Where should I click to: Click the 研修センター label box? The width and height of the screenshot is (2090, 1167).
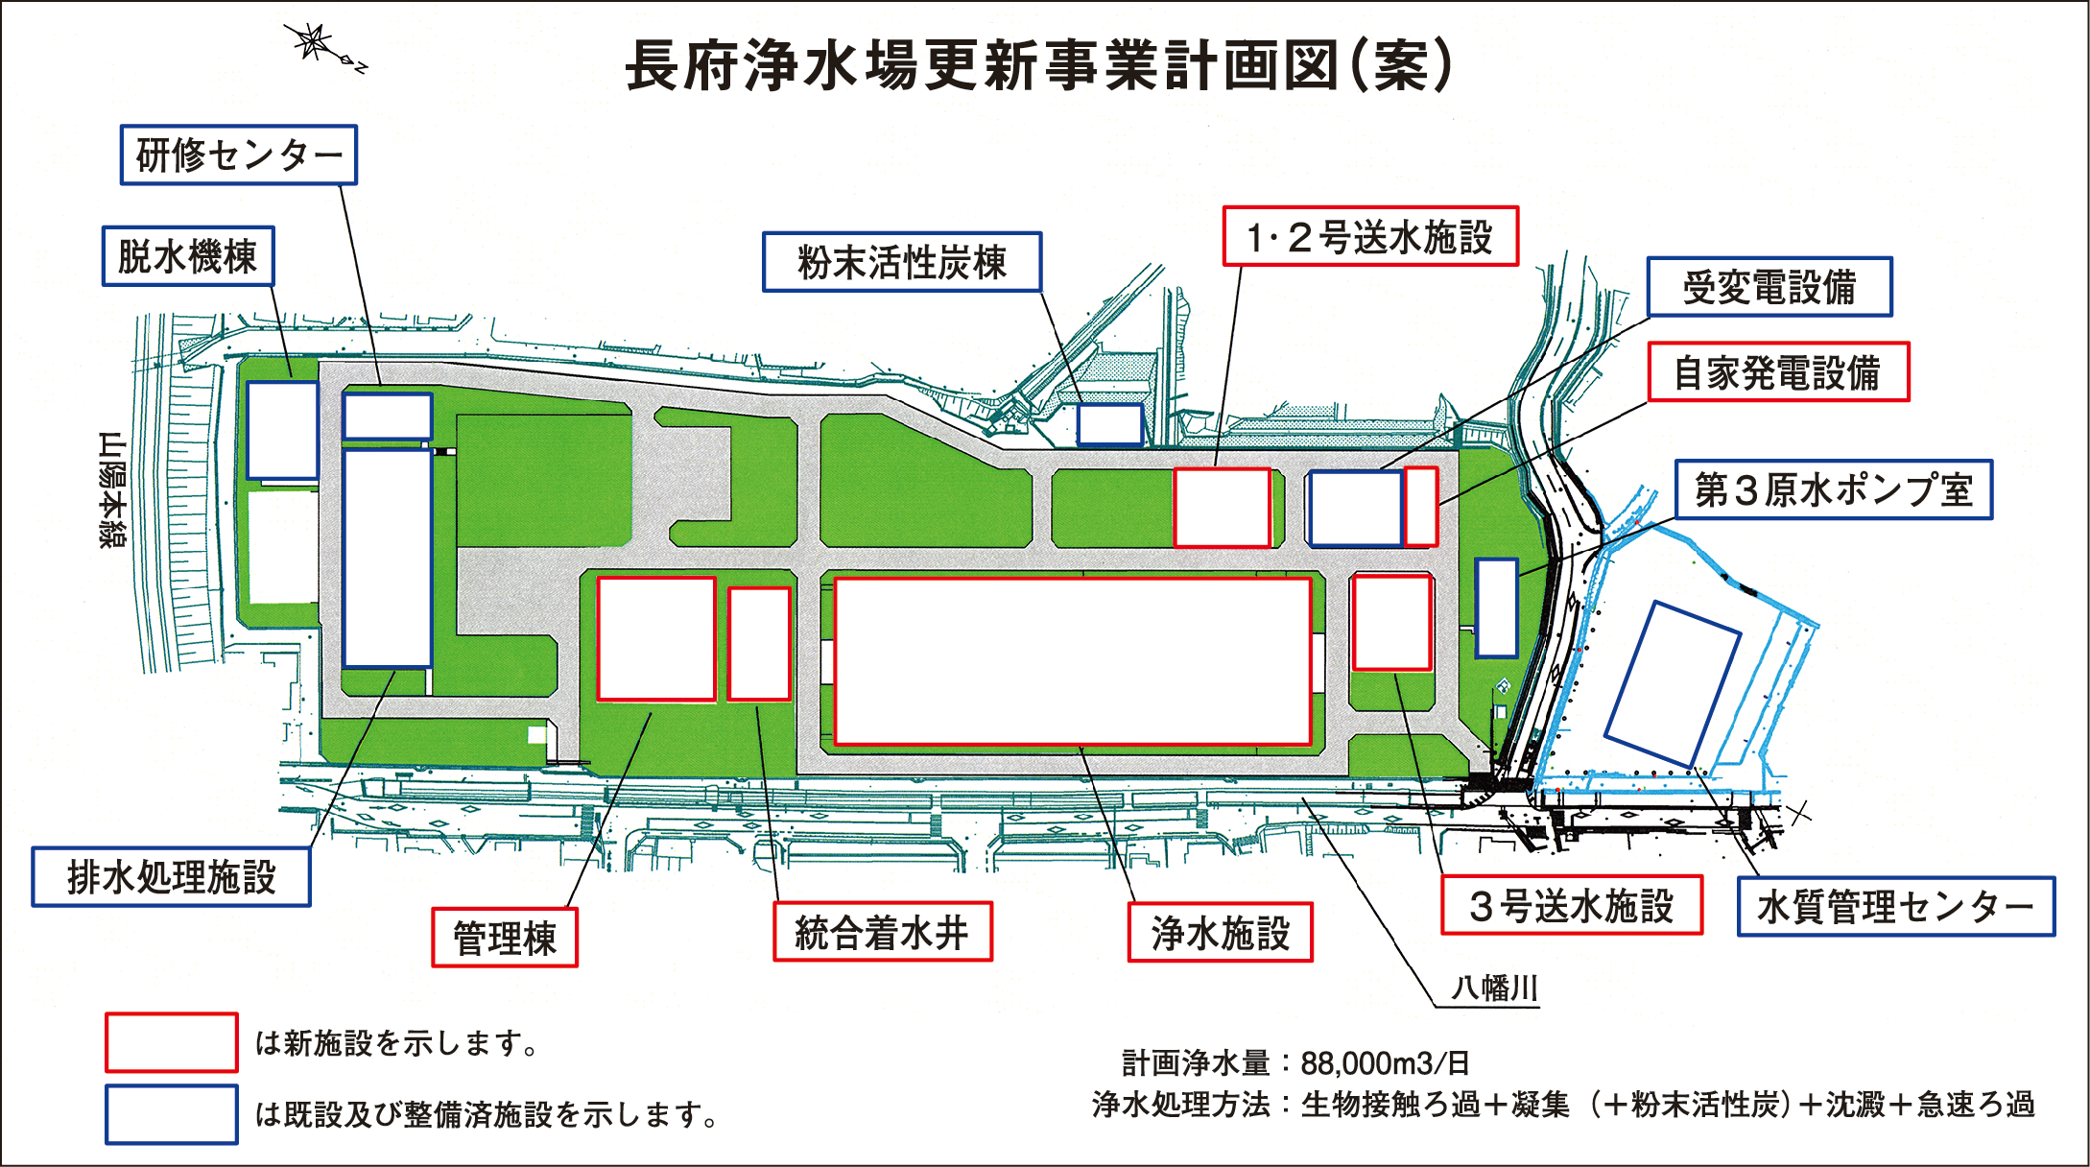239,155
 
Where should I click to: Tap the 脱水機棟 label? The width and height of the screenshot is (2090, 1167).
188,256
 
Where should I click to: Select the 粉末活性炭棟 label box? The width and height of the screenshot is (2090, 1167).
902,262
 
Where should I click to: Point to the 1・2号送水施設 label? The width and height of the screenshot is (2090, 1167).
1370,236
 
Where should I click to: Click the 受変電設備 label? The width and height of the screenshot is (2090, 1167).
1769,287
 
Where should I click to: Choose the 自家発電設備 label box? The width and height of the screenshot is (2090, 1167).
1778,372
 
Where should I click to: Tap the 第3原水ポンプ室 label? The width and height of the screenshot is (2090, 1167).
1833,490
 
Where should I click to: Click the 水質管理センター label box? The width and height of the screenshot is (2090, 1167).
1895,906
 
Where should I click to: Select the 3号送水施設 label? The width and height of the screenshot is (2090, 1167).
1572,905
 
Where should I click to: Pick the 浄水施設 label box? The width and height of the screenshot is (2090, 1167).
1220,932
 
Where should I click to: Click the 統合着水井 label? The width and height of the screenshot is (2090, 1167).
883,932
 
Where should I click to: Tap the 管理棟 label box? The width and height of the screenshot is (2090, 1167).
505,938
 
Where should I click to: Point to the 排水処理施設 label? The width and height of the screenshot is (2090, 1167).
172,877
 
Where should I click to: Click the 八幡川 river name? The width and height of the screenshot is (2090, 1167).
1494,988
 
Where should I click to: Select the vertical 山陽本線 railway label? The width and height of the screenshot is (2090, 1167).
113,489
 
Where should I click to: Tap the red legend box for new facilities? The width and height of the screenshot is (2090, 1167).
172,1042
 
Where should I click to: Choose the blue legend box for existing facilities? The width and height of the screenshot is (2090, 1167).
172,1114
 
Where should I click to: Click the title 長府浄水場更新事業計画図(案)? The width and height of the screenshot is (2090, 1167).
1040,65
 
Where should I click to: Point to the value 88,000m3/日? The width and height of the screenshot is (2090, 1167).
1385,1063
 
